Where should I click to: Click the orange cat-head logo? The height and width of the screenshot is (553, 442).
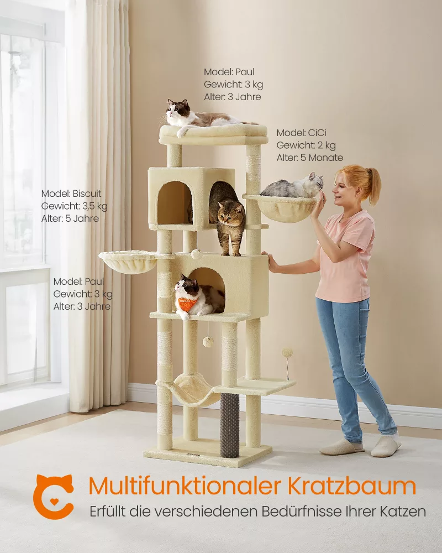(x=53, y=496)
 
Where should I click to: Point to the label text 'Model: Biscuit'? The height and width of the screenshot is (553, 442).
(x=71, y=194)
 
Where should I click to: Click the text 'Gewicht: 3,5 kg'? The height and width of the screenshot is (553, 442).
(x=75, y=206)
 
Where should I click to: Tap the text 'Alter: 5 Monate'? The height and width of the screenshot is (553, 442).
(x=309, y=158)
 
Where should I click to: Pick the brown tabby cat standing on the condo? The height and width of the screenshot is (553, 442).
(x=227, y=217)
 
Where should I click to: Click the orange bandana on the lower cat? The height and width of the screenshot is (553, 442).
(x=188, y=303)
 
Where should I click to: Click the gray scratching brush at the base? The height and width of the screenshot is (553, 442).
(x=230, y=425)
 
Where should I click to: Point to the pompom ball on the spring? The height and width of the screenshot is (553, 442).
(x=287, y=352)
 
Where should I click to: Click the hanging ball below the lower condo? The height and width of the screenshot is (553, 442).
(x=208, y=341)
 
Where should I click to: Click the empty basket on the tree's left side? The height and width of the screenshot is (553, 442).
(x=127, y=261)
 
